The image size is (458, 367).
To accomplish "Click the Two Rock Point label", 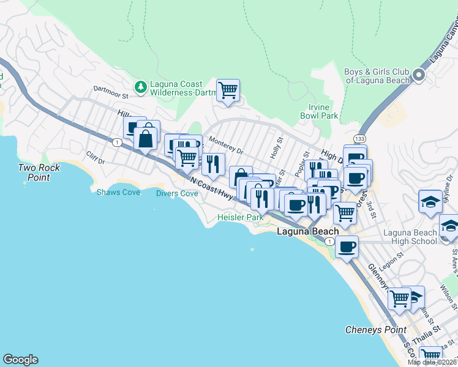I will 34,172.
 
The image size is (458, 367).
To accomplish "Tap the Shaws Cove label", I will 118,193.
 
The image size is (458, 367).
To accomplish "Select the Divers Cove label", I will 176,194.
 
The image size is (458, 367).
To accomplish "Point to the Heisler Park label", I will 241,218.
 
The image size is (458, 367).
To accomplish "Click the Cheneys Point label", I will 375,330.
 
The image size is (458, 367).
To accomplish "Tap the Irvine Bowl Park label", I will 319,111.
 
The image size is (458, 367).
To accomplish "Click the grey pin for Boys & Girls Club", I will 419,76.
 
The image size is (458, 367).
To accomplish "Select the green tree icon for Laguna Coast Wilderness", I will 141,87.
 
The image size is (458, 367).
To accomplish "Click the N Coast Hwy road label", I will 212,188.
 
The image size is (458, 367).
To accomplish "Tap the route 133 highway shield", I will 359,139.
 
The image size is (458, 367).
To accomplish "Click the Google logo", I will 20,360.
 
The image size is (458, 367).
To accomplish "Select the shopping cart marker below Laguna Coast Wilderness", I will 228,91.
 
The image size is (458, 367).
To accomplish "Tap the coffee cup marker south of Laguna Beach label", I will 347,247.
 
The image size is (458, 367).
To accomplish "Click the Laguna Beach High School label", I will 410,237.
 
